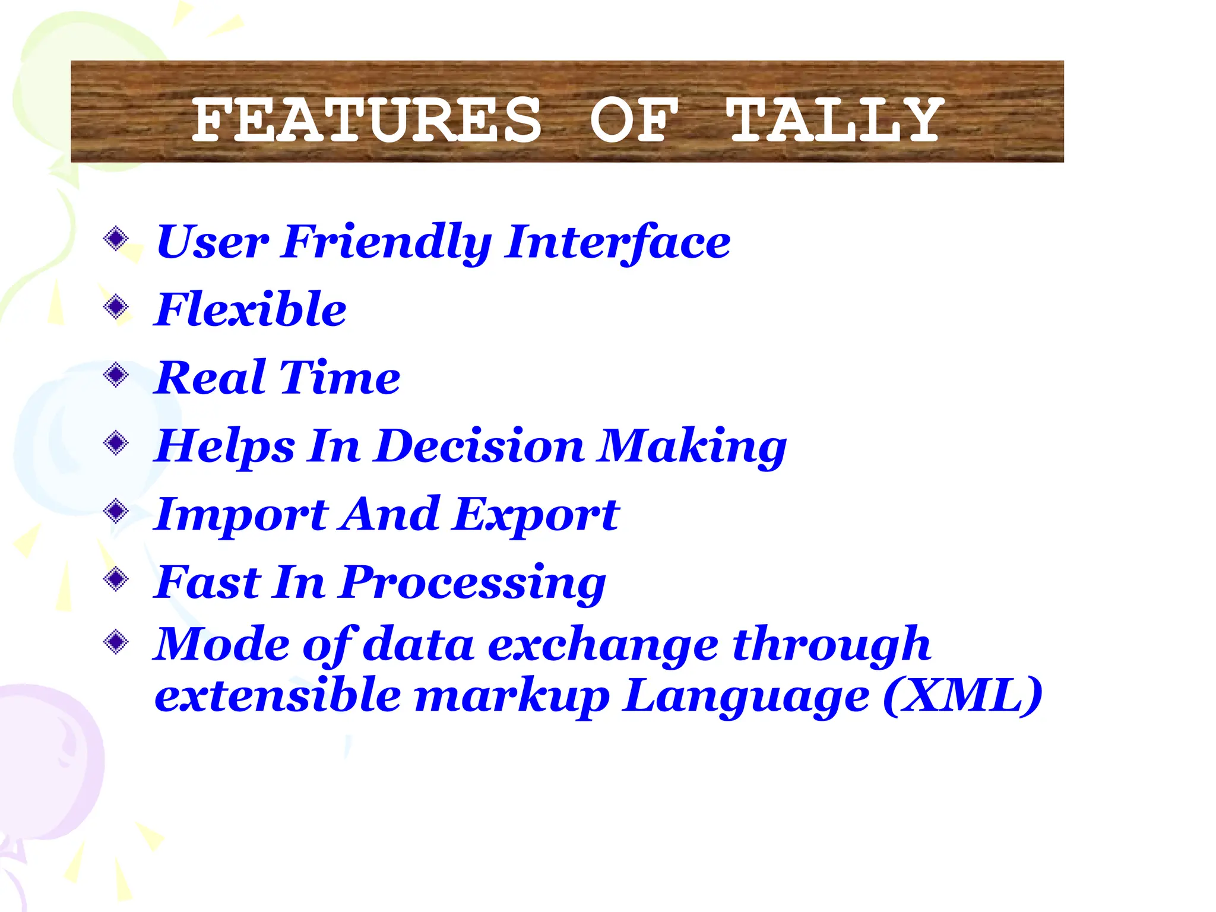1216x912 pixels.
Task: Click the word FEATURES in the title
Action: pos(367,121)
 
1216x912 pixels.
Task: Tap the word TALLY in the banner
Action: pos(834,121)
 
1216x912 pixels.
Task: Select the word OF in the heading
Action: pos(633,121)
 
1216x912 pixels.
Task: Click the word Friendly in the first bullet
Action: pos(387,242)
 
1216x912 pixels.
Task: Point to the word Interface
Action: pos(617,242)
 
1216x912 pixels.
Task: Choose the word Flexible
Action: pos(250,310)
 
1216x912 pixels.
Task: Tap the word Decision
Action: pos(480,446)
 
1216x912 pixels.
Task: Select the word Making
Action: pos(692,446)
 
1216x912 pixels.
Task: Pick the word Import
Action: pos(240,514)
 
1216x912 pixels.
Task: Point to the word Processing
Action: pos(473,582)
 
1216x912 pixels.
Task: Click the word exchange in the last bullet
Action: pos(603,645)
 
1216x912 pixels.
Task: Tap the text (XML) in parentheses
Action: pos(962,695)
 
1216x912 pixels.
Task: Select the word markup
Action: pos(511,696)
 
